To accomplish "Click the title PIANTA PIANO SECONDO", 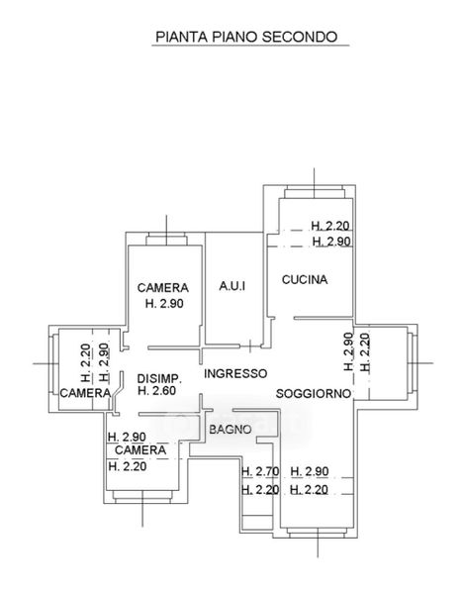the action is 246,37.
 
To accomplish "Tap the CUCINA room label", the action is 305,279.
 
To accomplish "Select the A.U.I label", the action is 232,286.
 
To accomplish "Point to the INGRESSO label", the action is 235,373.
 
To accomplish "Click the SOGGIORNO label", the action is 314,394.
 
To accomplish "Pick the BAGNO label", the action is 231,430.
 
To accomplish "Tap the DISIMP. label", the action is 159,378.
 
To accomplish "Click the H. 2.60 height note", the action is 156,391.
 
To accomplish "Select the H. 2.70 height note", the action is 260,471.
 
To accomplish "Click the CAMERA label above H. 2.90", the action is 163,288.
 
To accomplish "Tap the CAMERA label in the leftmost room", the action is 85,393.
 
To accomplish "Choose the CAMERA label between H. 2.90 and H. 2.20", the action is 140,450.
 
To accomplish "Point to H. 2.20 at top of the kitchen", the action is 330,226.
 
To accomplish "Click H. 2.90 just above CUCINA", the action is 331,242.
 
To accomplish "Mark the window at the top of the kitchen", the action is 315,192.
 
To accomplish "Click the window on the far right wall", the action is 412,363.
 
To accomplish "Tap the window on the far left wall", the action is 53,364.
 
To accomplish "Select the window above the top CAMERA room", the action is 166,239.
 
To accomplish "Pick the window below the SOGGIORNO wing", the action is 317,532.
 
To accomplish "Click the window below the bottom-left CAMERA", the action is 142,497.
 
